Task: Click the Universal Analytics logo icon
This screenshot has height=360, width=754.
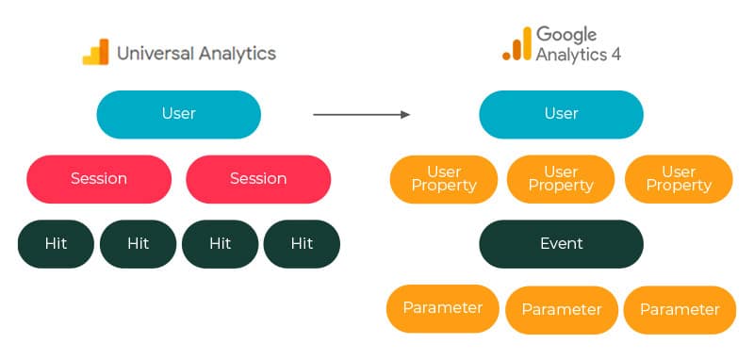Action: pyautogui.click(x=95, y=52)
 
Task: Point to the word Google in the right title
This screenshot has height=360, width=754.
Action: pyautogui.click(x=566, y=35)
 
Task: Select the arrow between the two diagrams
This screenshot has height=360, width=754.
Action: pyautogui.click(x=361, y=115)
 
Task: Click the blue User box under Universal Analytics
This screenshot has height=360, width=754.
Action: pyautogui.click(x=178, y=114)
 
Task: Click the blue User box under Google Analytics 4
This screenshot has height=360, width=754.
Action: pyautogui.click(x=561, y=114)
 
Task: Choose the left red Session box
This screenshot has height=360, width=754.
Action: pyautogui.click(x=99, y=179)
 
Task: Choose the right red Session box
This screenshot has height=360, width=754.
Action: pyautogui.click(x=259, y=179)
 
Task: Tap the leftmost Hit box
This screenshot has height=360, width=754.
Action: pyautogui.click(x=57, y=244)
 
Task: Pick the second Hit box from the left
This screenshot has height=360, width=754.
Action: pyautogui.click(x=139, y=244)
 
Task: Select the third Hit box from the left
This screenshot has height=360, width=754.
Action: pyautogui.click(x=220, y=244)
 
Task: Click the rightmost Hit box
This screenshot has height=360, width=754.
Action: pyautogui.click(x=302, y=244)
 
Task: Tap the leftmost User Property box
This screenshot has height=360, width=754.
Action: pyautogui.click(x=443, y=179)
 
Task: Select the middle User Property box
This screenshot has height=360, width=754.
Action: pyautogui.click(x=561, y=179)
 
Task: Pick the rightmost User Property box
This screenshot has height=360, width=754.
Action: pyautogui.click(x=679, y=179)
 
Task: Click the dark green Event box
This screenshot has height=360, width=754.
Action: pyautogui.click(x=561, y=244)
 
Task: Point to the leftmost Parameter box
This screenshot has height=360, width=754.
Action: pyautogui.click(x=443, y=308)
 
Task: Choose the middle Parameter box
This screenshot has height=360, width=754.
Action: pyautogui.click(x=562, y=310)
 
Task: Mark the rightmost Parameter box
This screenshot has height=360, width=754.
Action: pyautogui.click(x=679, y=310)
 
